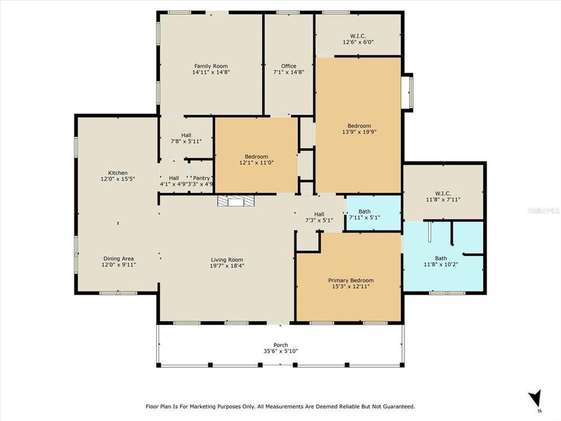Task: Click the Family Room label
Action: point(211,70)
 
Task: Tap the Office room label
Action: point(289,70)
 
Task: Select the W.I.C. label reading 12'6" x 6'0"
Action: point(358,39)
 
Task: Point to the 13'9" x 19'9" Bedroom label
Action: point(359,129)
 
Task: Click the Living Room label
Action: point(227,263)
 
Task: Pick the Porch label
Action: point(280,348)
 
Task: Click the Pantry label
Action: point(202,181)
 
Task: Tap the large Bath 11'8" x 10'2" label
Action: point(444,261)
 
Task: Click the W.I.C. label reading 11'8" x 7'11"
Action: point(444,196)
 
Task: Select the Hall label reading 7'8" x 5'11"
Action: point(186,139)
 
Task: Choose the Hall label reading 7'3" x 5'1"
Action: point(318,217)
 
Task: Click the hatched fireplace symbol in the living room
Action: point(237,202)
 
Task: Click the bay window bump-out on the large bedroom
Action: point(409,91)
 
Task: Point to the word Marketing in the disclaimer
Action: point(214,406)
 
